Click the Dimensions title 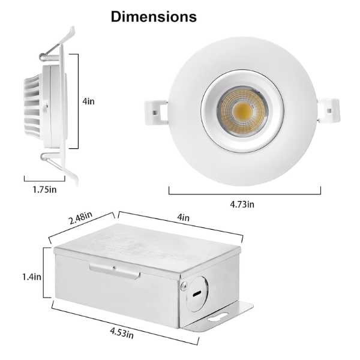154,17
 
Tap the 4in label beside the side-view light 89,101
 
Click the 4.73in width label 242,204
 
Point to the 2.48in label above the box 80,218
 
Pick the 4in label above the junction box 183,217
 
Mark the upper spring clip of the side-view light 58,45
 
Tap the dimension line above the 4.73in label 244,193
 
